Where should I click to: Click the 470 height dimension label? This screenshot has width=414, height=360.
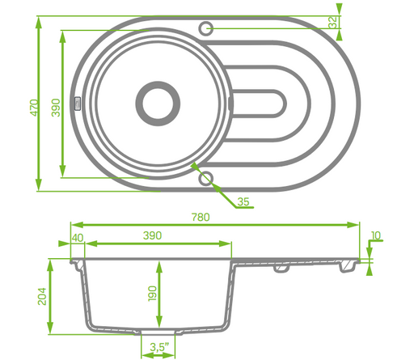click(x=35, y=108)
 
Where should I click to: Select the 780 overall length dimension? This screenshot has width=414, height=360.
click(x=201, y=218)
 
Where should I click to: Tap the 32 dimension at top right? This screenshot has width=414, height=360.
click(x=333, y=22)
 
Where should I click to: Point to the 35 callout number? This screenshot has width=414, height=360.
click(x=243, y=201)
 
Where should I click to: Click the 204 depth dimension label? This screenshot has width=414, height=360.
click(x=42, y=297)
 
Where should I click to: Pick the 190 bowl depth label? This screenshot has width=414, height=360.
click(x=152, y=294)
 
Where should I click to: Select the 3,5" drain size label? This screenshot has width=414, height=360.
click(x=159, y=347)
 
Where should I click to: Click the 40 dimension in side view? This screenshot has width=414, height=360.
click(x=78, y=238)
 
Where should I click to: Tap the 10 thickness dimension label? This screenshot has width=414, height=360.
click(x=376, y=235)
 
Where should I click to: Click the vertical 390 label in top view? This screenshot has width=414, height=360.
click(x=56, y=108)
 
